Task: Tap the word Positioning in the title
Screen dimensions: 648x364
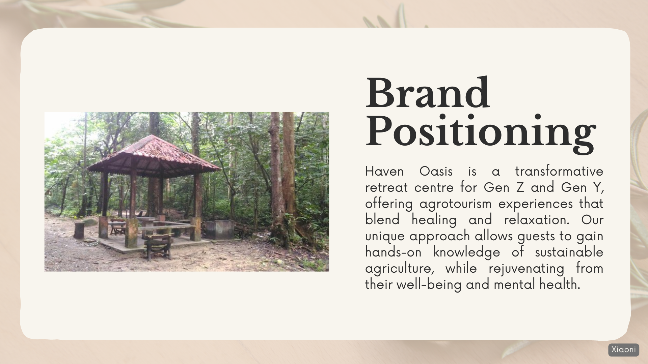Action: pos(481,133)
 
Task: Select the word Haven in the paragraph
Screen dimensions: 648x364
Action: pos(384,172)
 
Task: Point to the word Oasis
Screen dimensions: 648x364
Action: pos(436,172)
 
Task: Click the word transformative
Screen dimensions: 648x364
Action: pos(559,172)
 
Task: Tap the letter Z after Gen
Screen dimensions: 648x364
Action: pos(520,188)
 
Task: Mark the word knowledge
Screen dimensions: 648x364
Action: pos(466,252)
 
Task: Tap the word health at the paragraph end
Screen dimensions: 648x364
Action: pos(560,284)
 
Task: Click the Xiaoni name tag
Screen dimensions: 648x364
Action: pos(623,350)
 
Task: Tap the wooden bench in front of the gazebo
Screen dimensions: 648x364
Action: pos(158,245)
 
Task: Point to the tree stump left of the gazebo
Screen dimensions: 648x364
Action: pos(79,230)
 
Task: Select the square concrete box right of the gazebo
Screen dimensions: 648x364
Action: pos(219,230)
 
